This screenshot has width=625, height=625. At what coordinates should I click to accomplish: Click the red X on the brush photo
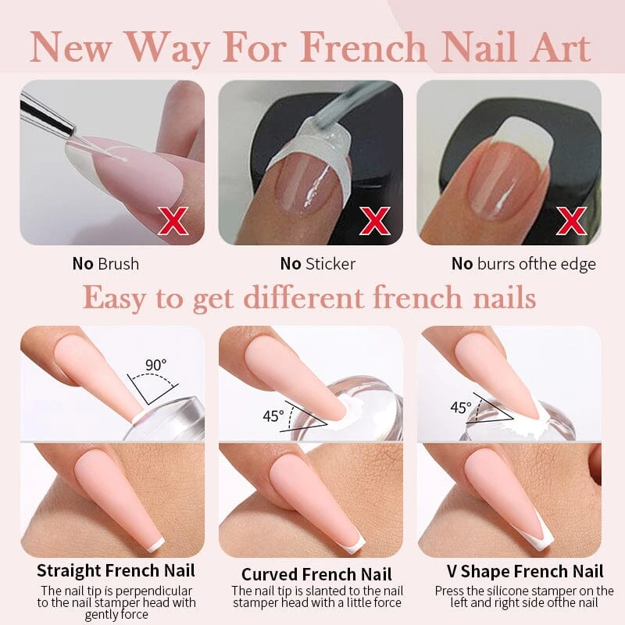pos(173,220)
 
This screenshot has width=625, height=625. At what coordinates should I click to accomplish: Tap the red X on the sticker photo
pos(375,220)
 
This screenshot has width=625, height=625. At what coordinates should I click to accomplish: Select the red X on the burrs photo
pos(571,220)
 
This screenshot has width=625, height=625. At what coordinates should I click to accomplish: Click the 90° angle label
pos(155,365)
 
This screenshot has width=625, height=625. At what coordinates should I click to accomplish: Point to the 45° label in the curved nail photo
pos(273,416)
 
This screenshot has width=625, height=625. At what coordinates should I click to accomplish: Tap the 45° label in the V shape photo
pos(461,407)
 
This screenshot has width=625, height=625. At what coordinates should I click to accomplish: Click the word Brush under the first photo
pos(119,264)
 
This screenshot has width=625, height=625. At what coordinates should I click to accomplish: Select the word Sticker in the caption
pos(330,264)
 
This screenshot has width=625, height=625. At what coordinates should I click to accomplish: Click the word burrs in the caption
pos(496,264)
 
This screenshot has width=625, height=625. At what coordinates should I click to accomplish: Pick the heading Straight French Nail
pos(116,570)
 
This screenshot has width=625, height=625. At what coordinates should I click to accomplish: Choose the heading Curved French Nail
pos(317,574)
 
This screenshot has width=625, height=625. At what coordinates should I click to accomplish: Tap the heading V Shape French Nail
pos(525,571)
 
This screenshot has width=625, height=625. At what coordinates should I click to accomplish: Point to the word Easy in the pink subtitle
pos(114,299)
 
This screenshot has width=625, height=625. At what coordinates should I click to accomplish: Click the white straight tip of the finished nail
pos(155,545)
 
